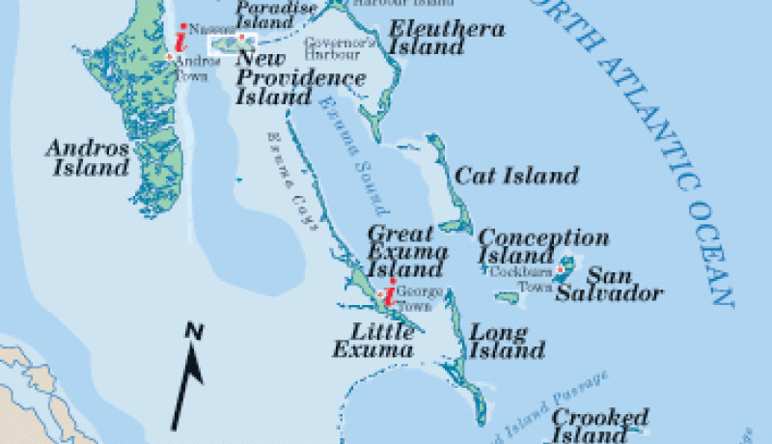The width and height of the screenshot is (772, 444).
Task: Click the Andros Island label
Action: pos(87,157)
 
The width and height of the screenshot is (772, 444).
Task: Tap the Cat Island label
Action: pos(516,176)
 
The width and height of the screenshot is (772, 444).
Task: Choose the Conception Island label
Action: pos(543,247)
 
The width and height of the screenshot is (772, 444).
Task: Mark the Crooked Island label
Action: pos(599,426)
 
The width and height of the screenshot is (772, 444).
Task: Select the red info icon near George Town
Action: pos(389,295)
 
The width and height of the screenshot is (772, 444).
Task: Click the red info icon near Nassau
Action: pos(179,40)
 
